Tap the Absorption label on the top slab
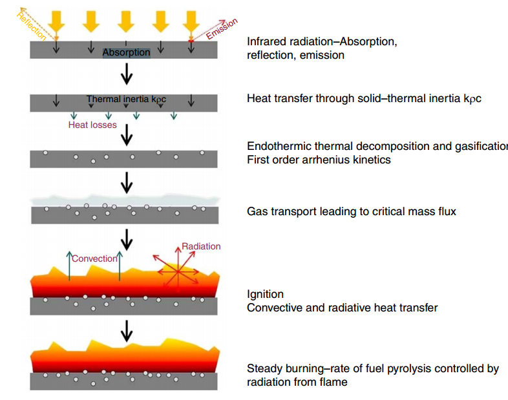(126, 52)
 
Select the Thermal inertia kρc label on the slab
(126, 100)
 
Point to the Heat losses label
(92, 125)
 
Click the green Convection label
(94, 258)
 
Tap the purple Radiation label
(201, 246)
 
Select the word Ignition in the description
(265, 295)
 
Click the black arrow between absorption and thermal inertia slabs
(127, 76)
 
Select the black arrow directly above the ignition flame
(127, 240)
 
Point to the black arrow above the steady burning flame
(127, 332)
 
